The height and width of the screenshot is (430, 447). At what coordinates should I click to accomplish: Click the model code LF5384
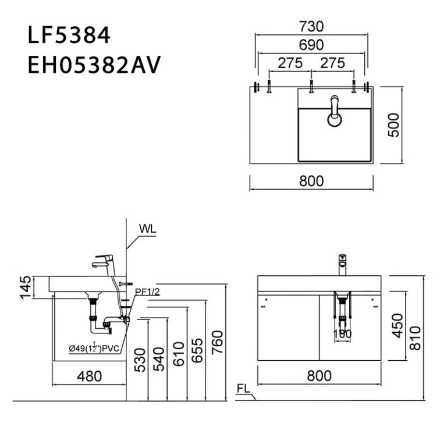pos(69,35)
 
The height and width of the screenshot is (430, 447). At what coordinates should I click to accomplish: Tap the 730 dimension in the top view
pos(311,27)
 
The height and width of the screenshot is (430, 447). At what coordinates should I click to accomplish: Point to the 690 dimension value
pos(311,45)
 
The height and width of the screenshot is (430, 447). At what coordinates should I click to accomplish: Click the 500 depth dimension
pos(394,125)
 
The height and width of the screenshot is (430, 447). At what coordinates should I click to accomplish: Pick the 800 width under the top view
pos(311,181)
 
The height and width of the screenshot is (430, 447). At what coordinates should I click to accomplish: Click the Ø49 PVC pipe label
pos(93,348)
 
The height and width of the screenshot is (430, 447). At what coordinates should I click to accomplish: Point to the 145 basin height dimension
pos(24,287)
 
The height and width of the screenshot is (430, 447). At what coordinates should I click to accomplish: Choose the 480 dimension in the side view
pos(88,376)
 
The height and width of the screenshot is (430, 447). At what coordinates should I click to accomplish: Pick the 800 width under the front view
pos(318,376)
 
